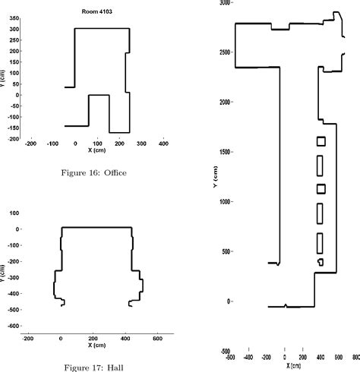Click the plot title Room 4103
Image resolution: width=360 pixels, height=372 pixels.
[97, 11]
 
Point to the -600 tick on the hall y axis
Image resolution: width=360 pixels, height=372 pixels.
[13, 326]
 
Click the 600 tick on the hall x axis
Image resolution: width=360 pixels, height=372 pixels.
[157, 339]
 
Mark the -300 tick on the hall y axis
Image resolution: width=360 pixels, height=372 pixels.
[13, 277]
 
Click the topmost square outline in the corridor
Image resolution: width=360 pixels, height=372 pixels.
[321, 140]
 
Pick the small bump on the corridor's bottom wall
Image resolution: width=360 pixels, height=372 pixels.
[285, 305]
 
